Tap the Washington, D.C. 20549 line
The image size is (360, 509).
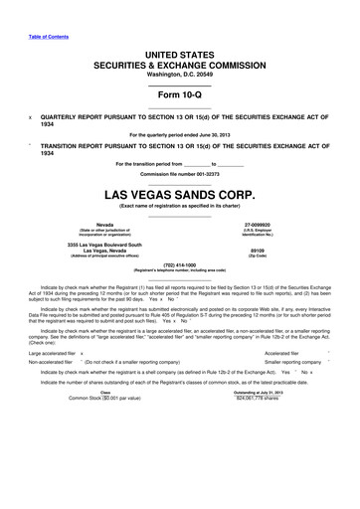pos(179,74)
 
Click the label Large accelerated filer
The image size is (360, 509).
pos(50,380)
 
